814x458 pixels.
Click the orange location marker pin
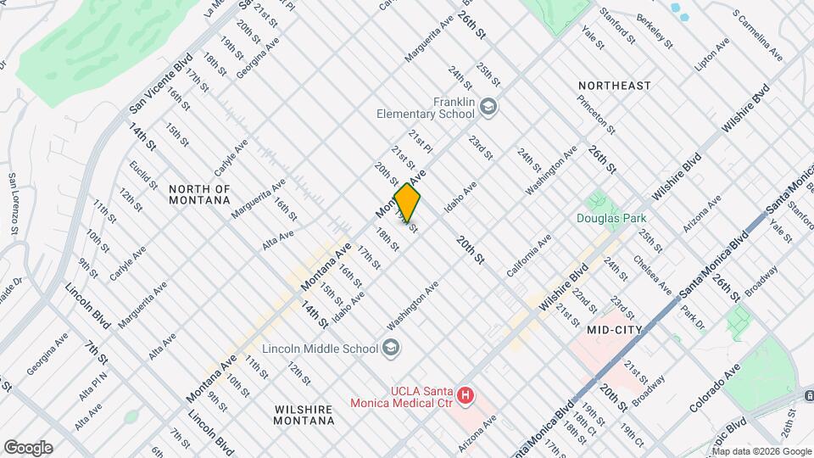tap(408, 203)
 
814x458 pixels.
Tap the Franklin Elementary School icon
tap(488, 108)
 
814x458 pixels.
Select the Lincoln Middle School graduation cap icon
tap(390, 346)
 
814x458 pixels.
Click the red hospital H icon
tap(464, 394)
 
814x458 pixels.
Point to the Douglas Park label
tap(612, 218)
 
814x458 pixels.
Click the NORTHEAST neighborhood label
tap(615, 86)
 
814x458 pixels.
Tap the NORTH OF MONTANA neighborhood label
tap(199, 194)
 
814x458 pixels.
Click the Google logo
tap(27, 448)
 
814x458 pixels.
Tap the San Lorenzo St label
tap(13, 204)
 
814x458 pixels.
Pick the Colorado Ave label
tap(715, 388)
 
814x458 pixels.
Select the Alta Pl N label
tap(93, 386)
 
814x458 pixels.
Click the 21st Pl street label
tap(420, 142)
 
